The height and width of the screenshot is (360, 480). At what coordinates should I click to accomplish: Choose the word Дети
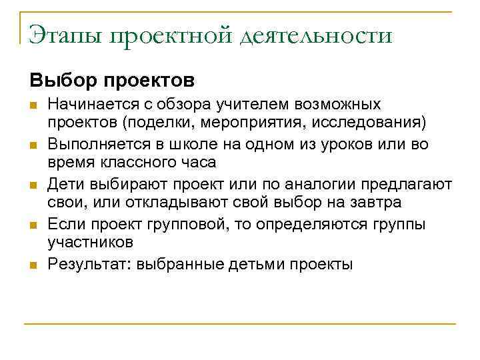(x=65, y=184)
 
